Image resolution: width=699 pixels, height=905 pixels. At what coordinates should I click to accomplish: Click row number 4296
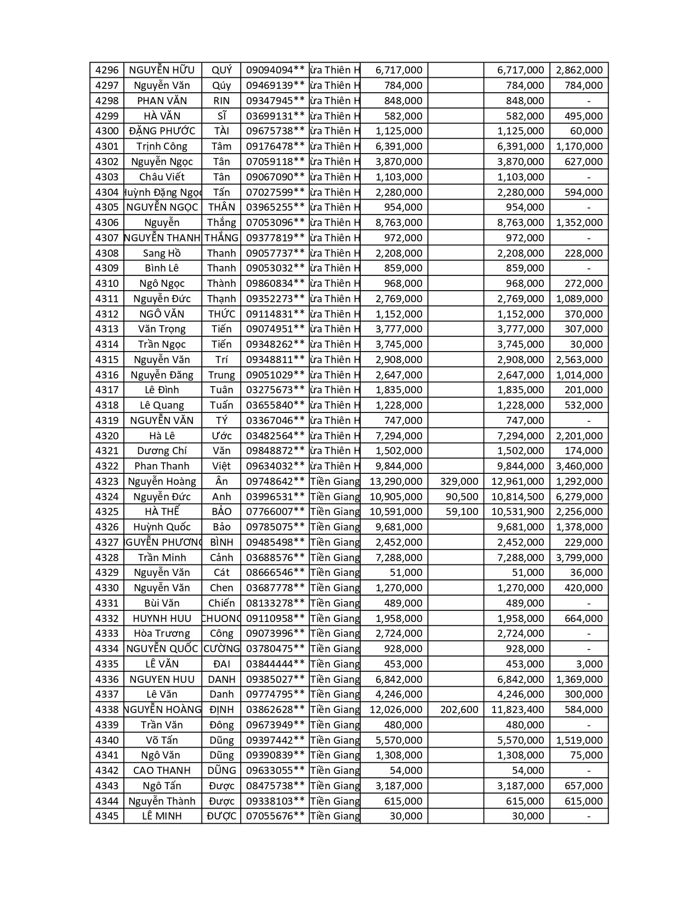[107, 70]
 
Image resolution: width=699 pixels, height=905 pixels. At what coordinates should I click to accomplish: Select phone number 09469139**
[275, 86]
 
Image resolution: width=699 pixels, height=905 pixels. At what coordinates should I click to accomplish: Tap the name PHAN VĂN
[162, 101]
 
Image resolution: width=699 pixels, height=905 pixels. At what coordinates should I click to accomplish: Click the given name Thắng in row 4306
[221, 223]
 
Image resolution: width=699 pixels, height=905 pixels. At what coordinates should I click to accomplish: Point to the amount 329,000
[459, 482]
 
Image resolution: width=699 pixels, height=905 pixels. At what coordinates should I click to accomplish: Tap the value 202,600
[459, 710]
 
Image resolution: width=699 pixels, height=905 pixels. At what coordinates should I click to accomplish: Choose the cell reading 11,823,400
[518, 710]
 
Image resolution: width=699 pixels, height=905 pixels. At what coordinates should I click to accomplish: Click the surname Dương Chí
[162, 451]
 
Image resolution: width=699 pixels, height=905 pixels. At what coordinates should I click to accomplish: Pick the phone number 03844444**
[275, 664]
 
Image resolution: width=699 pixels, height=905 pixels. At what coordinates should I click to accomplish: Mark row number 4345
[107, 816]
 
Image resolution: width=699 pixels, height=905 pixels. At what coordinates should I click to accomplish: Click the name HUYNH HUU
[162, 619]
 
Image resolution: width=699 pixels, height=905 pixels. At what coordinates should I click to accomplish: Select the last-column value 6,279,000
[579, 497]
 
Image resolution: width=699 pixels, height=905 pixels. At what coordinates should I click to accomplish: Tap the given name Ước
[221, 436]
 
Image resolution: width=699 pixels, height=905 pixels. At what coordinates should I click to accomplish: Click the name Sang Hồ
[162, 253]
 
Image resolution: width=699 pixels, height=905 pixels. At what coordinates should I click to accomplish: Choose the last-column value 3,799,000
[579, 558]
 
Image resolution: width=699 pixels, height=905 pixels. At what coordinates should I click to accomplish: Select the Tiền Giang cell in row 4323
[335, 482]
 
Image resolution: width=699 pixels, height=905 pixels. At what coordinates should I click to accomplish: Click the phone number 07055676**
[275, 816]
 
